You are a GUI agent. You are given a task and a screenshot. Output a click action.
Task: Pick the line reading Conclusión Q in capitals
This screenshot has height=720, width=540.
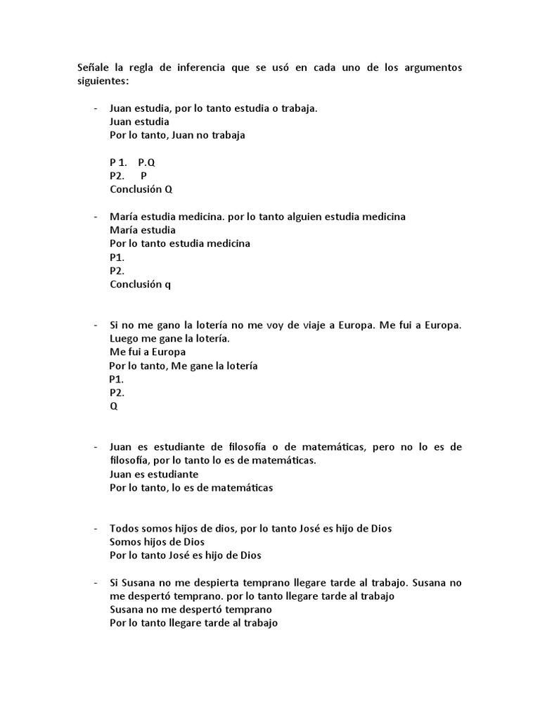tap(141, 189)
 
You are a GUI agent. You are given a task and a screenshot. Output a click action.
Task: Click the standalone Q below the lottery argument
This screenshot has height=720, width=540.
tap(114, 406)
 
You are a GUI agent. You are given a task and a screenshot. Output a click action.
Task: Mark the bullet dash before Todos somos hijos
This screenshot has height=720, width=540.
tap(95, 528)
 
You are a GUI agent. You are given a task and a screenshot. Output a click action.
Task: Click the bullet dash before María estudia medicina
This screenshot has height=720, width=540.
tap(95, 217)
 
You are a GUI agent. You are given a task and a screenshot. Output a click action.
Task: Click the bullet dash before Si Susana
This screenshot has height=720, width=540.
tap(95, 583)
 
